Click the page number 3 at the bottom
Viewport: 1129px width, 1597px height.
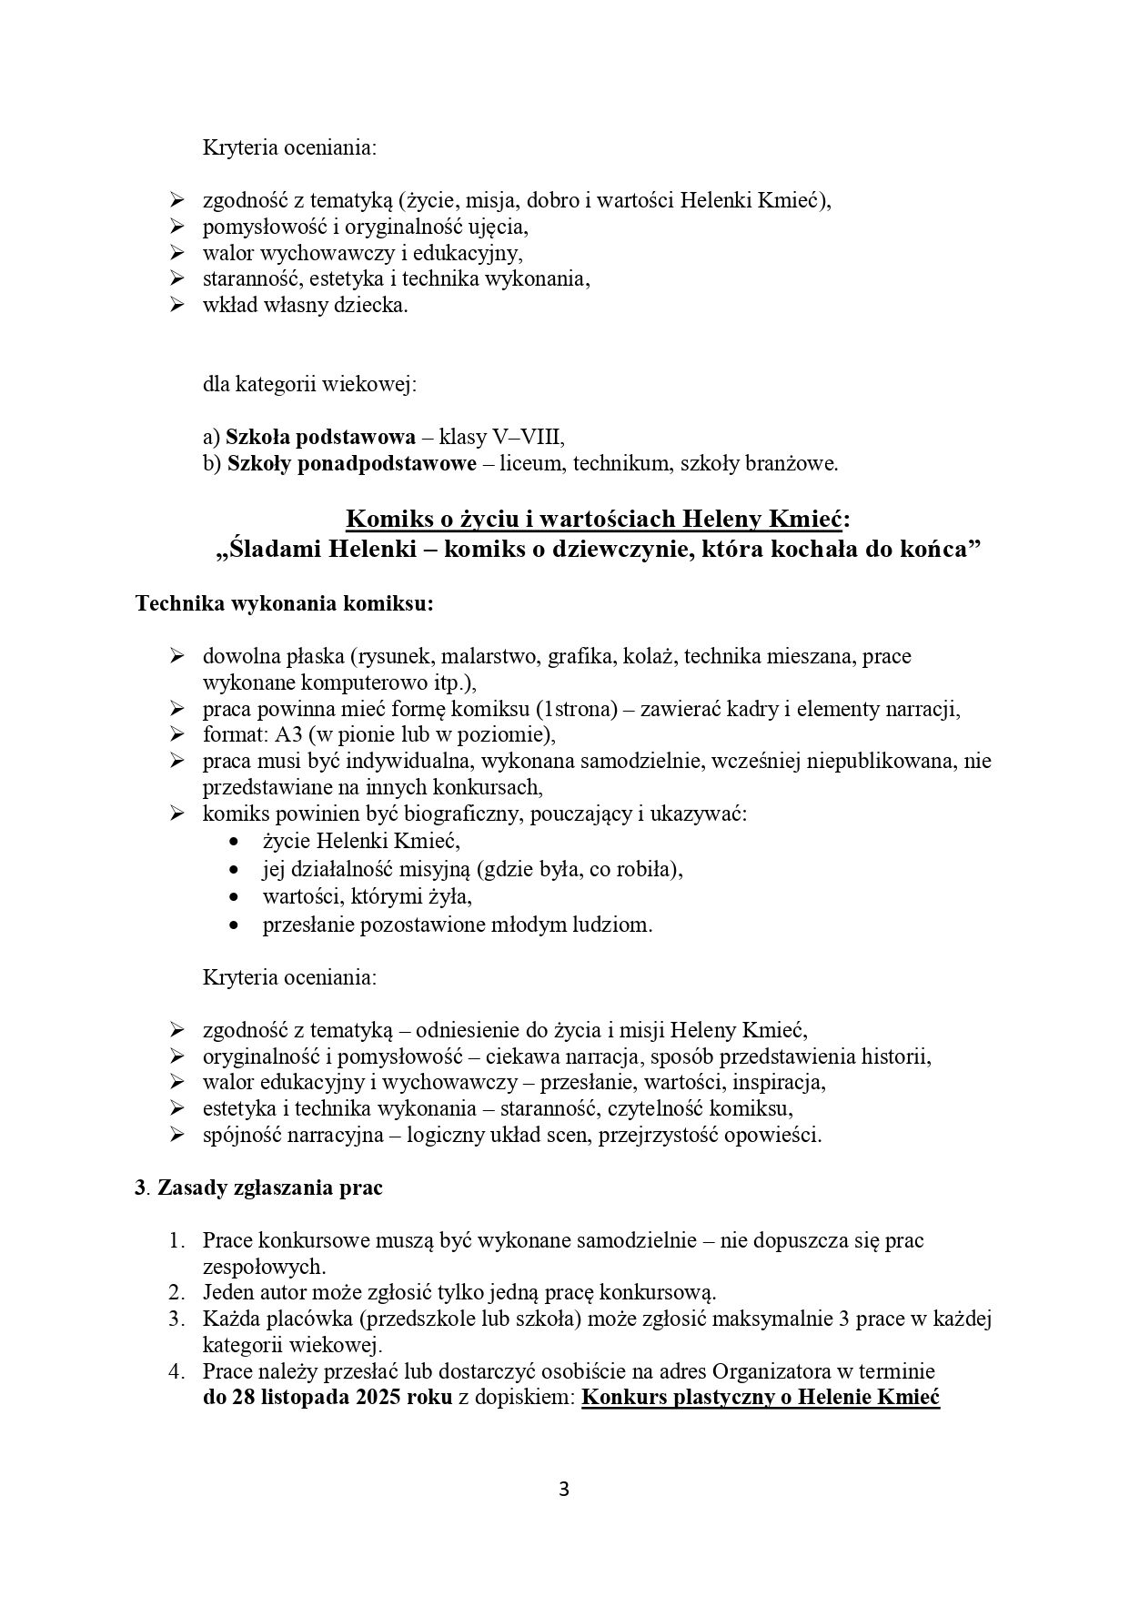(564, 1490)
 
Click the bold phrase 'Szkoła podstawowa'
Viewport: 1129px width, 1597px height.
(307, 436)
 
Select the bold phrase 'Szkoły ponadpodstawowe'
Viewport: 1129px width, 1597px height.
(351, 463)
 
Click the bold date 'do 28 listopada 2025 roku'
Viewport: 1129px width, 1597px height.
(327, 1397)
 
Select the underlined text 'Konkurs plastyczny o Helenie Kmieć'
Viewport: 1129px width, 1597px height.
(760, 1397)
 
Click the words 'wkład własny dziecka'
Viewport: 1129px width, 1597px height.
(305, 305)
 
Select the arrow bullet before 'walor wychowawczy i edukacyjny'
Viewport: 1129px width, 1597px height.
(176, 252)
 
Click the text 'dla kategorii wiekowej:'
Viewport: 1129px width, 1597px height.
(309, 383)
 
